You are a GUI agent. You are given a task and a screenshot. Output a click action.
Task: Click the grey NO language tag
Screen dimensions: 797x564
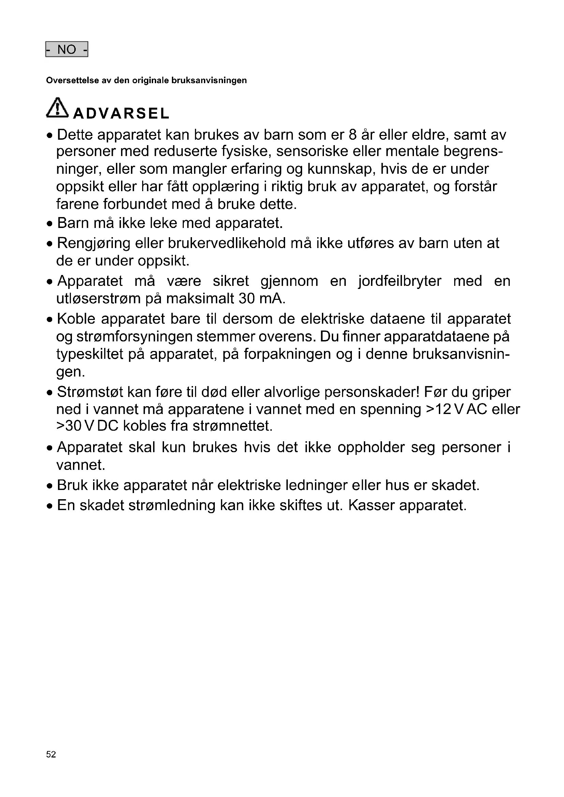click(x=67, y=49)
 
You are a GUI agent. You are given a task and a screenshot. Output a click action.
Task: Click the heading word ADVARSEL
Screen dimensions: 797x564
click(x=121, y=113)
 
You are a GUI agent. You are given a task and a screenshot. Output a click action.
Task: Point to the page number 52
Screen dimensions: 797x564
click(x=51, y=754)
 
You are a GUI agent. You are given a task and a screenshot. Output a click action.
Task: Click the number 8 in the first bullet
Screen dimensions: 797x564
click(x=353, y=135)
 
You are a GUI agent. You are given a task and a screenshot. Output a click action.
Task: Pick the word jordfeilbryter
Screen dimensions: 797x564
click(x=400, y=281)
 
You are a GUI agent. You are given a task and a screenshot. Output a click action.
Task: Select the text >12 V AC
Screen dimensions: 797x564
click(x=454, y=409)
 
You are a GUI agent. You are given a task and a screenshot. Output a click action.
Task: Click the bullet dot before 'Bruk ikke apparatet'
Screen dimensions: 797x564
click(x=50, y=486)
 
